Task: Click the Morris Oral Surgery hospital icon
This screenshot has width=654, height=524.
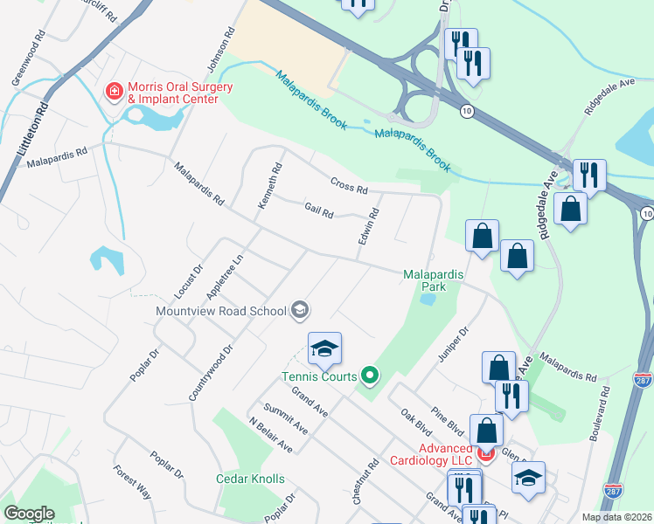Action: [113, 91]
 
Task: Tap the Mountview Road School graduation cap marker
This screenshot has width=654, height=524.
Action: [300, 309]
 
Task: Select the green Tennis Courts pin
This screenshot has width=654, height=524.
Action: [370, 376]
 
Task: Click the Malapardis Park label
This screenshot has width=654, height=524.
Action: [435, 279]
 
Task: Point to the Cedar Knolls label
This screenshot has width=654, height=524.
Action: [250, 479]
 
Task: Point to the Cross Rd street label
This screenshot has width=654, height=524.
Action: [350, 185]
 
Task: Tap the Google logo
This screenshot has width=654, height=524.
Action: [29, 514]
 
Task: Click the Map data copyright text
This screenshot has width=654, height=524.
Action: [616, 517]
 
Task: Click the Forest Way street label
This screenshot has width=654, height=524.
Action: [132, 482]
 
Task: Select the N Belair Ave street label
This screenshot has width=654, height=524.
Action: [270, 433]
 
